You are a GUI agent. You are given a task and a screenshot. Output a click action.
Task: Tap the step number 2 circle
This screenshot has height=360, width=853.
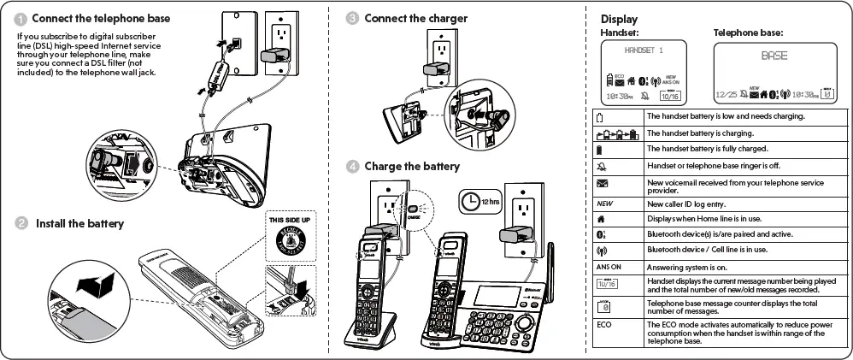pyautogui.click(x=20, y=223)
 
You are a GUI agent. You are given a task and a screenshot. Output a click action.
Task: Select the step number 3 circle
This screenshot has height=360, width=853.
pyautogui.click(x=352, y=18)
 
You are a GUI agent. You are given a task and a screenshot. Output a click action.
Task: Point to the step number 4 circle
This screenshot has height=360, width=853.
pyautogui.click(x=352, y=166)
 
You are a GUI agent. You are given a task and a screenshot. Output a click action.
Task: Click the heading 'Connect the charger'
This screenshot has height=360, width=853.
pyautogui.click(x=415, y=18)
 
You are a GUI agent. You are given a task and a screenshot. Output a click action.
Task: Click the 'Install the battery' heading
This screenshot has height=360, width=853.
pyautogui.click(x=79, y=223)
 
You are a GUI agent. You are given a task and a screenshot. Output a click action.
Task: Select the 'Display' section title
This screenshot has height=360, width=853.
pyautogui.click(x=619, y=19)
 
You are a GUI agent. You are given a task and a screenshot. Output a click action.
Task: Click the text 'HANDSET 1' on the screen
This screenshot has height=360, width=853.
pyautogui.click(x=644, y=51)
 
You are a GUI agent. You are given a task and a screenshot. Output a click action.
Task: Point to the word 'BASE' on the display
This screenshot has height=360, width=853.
pyautogui.click(x=774, y=56)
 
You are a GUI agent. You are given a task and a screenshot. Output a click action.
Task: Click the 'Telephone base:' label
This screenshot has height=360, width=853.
pyautogui.click(x=748, y=32)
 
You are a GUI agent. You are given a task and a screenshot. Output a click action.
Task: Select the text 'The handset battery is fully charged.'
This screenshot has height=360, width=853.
pyautogui.click(x=703, y=149)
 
